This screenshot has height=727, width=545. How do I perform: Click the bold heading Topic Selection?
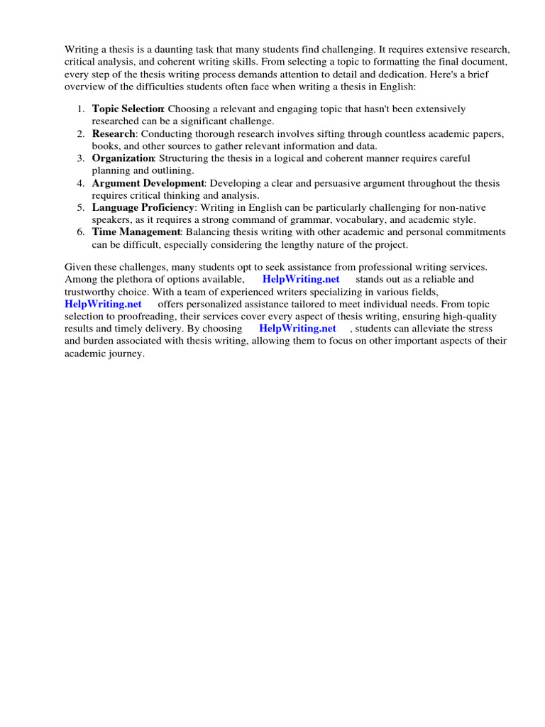tap(128, 109)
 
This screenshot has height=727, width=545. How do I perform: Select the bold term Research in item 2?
tap(114, 133)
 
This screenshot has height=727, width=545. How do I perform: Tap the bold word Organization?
tap(123, 158)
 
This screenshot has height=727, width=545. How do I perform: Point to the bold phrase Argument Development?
tap(148, 183)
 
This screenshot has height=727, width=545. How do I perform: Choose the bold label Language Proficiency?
tap(143, 207)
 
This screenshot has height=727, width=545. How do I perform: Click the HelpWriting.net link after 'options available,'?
tap(302, 279)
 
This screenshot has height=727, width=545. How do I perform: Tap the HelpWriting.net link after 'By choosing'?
tap(297, 329)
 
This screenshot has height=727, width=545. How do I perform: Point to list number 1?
tap(81, 109)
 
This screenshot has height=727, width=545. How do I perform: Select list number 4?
tap(81, 183)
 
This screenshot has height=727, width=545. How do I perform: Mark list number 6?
tap(81, 232)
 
